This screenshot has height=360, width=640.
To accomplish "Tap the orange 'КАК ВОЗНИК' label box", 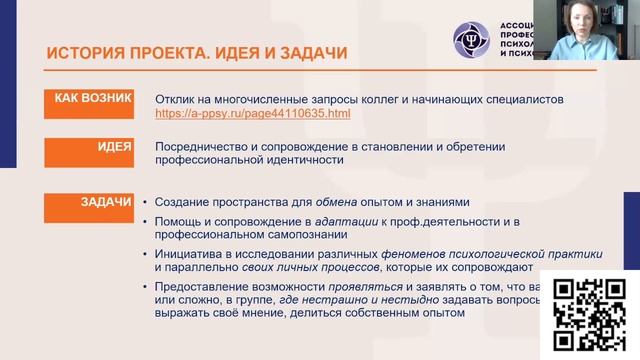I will [93, 99].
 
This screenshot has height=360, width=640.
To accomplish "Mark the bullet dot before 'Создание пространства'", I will [146, 203].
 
